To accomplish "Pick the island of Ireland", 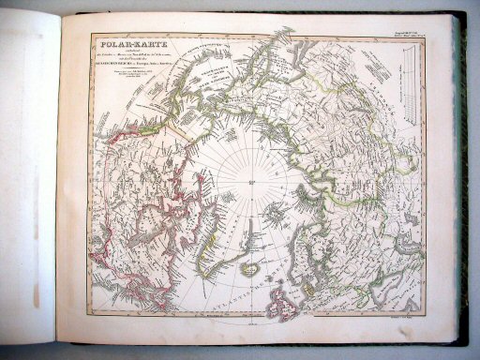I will [268, 304].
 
